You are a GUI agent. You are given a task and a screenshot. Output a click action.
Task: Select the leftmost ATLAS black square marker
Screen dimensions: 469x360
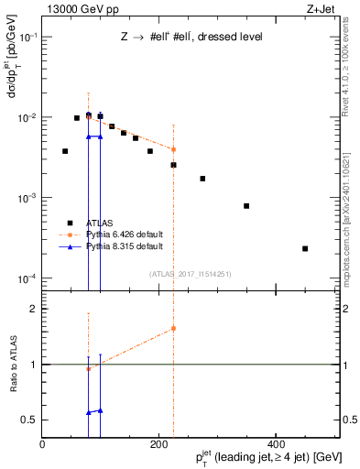tap(65, 151)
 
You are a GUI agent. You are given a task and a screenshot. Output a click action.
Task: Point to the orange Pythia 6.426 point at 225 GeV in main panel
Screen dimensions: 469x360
tap(173, 149)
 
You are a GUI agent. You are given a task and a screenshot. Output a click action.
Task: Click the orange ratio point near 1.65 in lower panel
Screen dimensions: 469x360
tap(173, 328)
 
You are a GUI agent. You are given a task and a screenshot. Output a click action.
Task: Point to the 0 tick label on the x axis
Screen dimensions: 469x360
tap(42, 444)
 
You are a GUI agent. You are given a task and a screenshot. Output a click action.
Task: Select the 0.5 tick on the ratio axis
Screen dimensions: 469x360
tap(30, 420)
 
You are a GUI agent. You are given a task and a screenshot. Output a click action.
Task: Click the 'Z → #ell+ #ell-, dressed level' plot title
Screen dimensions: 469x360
tap(191, 38)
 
